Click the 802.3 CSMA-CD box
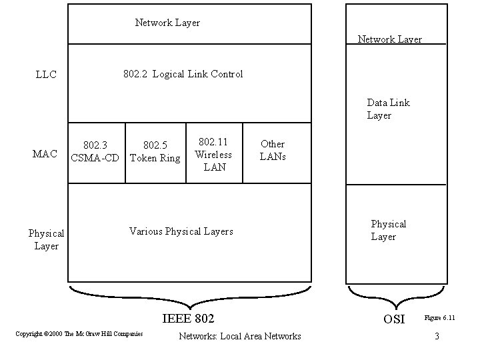(x=97, y=152)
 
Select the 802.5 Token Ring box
(x=155, y=152)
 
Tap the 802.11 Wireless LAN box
(x=214, y=154)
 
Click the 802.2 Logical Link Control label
(x=183, y=74)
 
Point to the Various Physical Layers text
(x=181, y=231)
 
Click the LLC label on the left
(x=46, y=75)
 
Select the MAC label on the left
(x=45, y=154)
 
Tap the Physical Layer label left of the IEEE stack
(x=46, y=240)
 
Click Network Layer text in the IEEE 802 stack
(x=167, y=23)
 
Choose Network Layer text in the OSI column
(x=389, y=39)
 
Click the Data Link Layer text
(x=388, y=109)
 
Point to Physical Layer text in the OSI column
(x=388, y=231)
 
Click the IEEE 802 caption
(x=188, y=318)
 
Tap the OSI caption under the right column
(x=394, y=319)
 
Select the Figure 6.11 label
(x=440, y=318)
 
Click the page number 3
(x=437, y=336)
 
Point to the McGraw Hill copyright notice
(x=79, y=333)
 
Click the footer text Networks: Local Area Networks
(x=240, y=336)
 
